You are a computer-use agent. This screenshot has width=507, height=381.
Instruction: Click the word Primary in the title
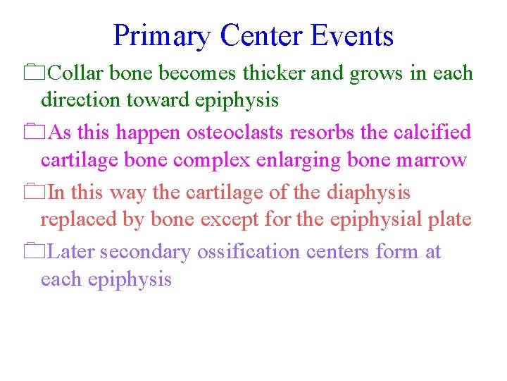point(162,36)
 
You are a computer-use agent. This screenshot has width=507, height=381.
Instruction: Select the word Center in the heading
point(262,35)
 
